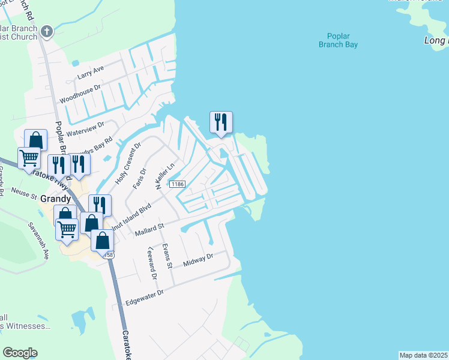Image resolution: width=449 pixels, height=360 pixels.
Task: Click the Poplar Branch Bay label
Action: [x=339, y=40]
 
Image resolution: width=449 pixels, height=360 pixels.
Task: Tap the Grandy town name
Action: [x=56, y=199]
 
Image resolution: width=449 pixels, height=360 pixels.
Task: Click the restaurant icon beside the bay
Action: [x=220, y=122]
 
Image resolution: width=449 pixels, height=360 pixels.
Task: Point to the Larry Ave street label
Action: [x=91, y=73]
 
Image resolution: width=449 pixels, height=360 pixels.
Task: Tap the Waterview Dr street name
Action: [x=86, y=129]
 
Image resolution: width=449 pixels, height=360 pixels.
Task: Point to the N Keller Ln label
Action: [x=164, y=176]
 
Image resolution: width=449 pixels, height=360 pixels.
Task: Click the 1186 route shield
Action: [x=176, y=184]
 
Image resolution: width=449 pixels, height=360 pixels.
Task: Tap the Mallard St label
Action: [x=149, y=229]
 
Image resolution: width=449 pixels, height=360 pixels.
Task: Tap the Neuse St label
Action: [x=24, y=193]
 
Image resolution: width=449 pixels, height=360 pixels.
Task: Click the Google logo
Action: [x=20, y=353]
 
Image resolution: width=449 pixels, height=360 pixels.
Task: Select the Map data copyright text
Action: [x=424, y=355]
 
